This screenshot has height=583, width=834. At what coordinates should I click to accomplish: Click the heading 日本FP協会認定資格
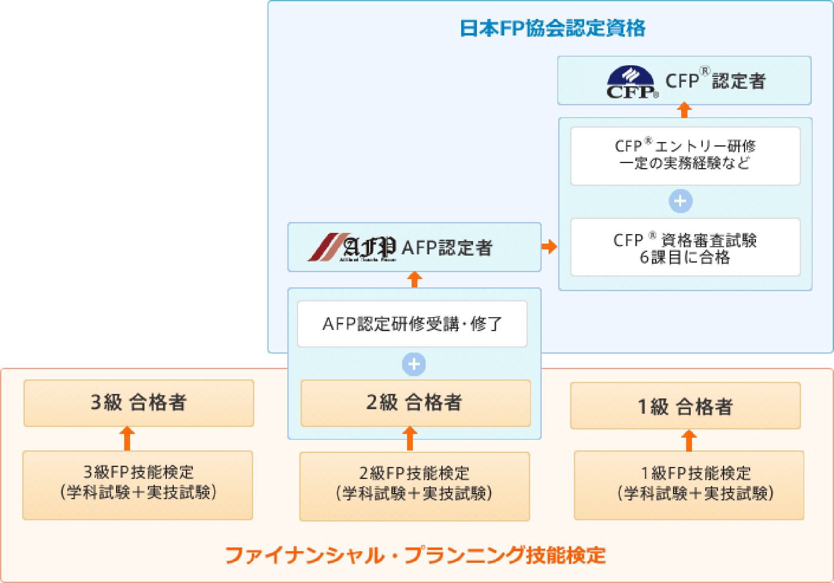click(552, 29)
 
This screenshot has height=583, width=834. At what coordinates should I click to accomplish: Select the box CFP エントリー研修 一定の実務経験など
click(685, 156)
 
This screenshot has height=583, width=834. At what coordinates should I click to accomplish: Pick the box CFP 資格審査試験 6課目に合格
click(685, 247)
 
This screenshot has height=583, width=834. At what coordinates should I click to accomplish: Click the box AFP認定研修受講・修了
click(412, 324)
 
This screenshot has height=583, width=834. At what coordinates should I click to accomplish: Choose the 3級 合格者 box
click(139, 403)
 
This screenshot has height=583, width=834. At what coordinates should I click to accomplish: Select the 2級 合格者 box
click(415, 403)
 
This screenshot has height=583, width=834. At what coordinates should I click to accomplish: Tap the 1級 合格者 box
click(685, 406)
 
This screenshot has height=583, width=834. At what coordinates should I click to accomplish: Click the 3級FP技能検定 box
click(137, 485)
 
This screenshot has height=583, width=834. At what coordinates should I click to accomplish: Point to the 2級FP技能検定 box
click(414, 486)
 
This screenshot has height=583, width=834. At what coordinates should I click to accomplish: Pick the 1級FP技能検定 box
click(689, 485)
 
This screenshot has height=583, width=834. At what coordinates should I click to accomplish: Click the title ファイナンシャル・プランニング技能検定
click(415, 555)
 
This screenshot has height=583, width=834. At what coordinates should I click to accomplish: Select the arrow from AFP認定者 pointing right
click(549, 247)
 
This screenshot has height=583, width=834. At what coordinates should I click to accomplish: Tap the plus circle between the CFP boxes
click(680, 201)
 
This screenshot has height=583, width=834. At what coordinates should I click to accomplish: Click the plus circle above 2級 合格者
click(414, 364)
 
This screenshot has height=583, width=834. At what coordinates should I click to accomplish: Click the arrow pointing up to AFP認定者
click(415, 280)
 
